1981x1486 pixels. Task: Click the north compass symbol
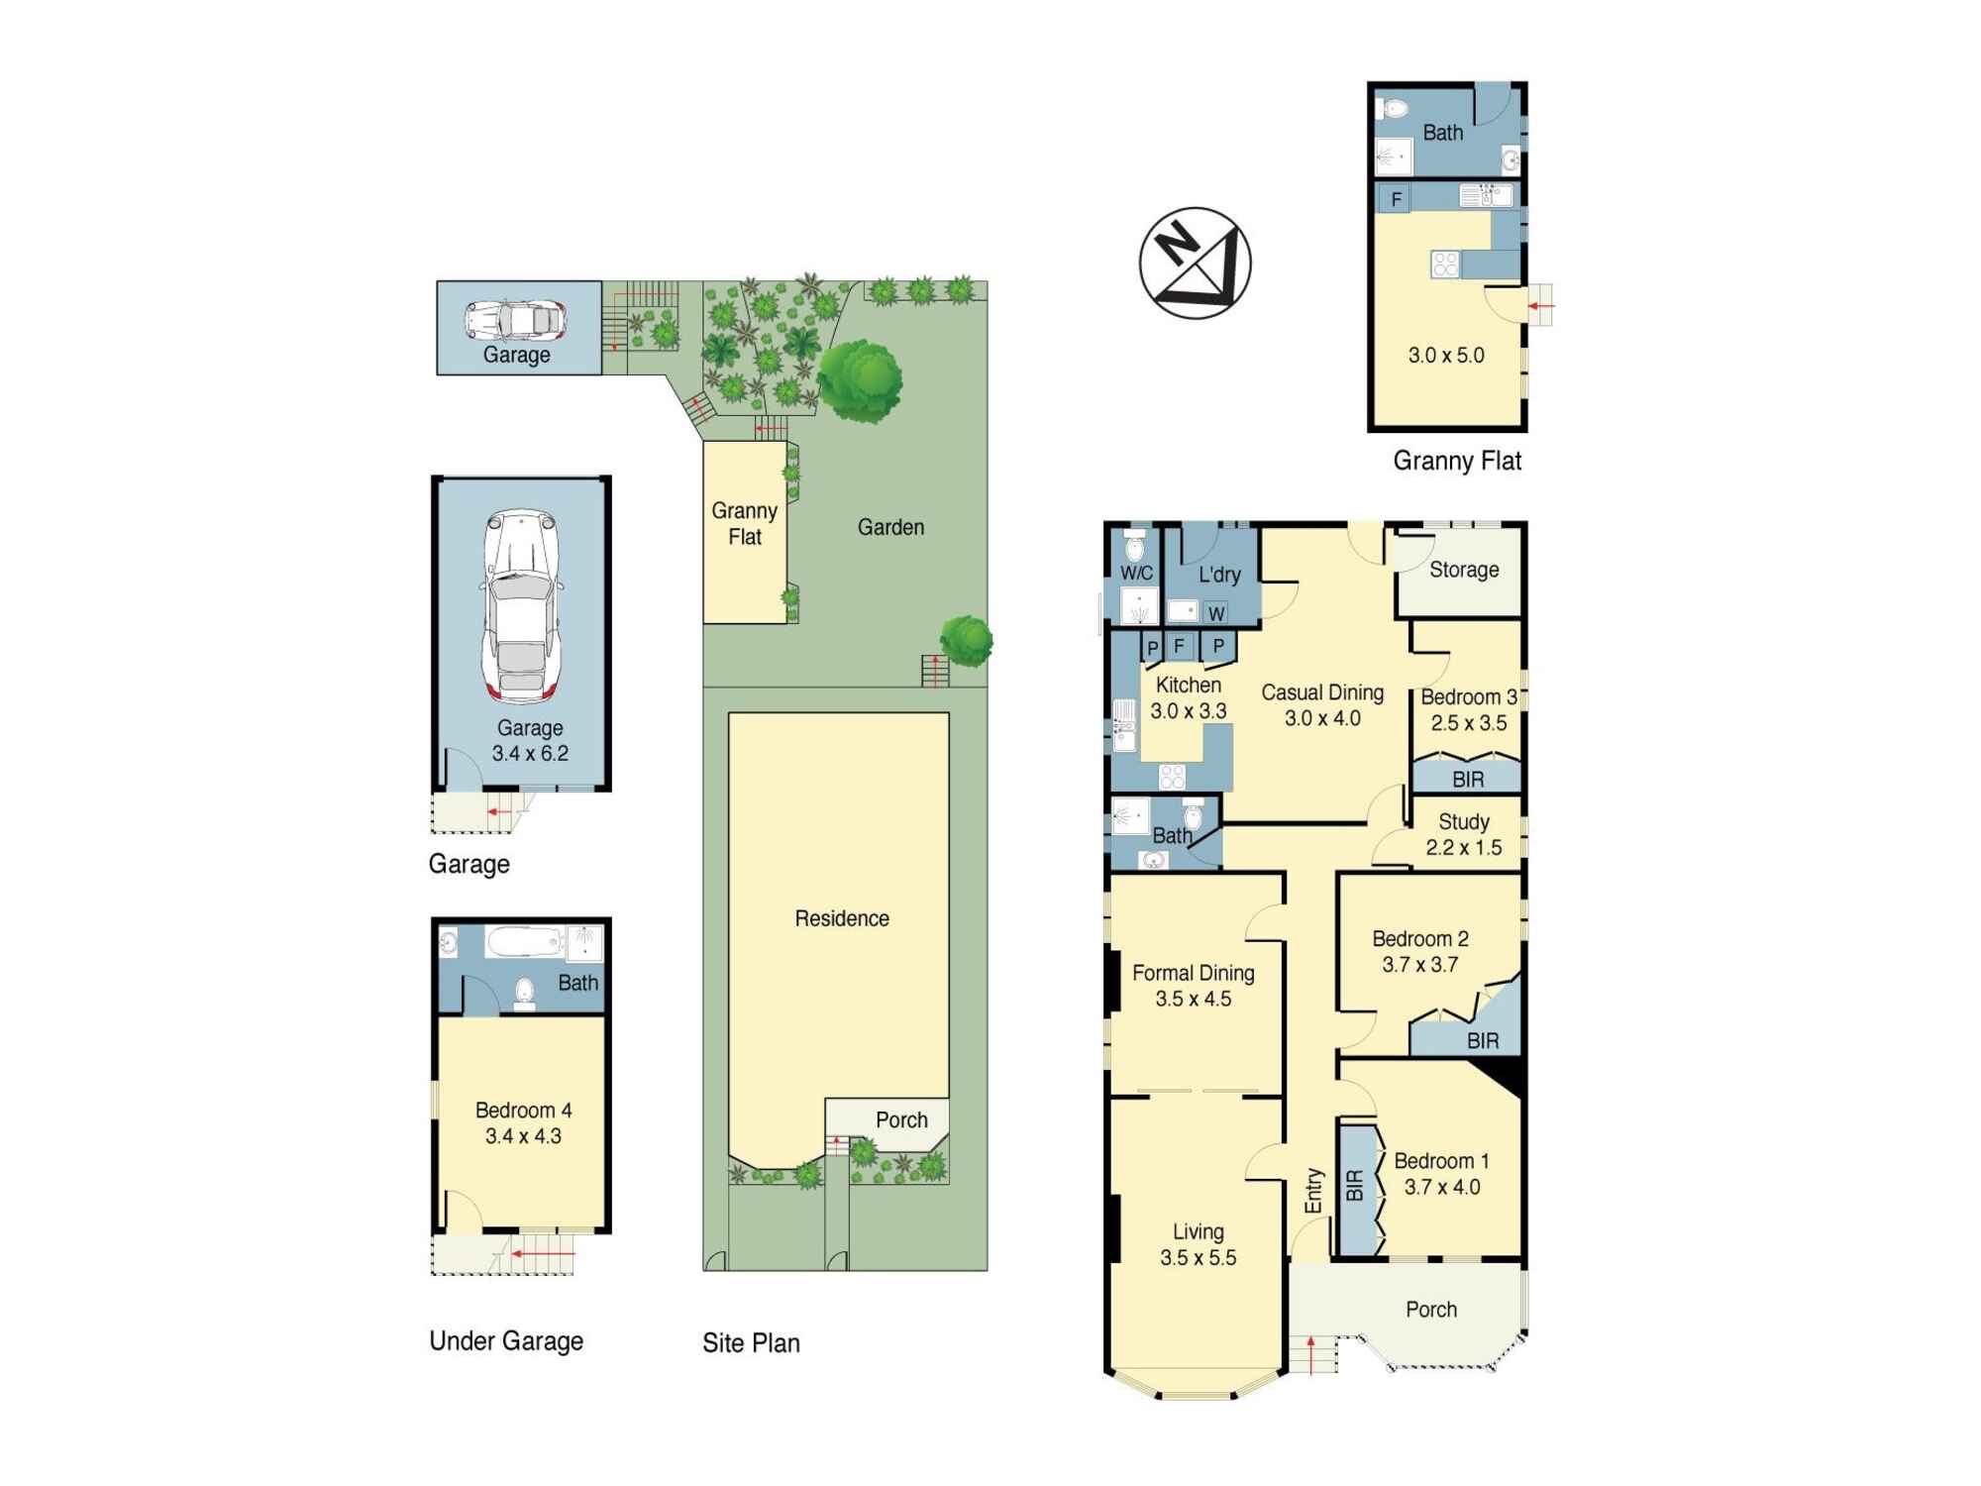1195,263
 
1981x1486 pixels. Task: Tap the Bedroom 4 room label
523,1111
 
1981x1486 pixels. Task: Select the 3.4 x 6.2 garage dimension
530,753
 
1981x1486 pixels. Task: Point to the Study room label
1463,822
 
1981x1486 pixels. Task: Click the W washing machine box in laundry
1216,613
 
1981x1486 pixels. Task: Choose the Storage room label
1463,570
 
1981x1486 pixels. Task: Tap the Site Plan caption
751,1343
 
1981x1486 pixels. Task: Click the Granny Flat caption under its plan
1457,461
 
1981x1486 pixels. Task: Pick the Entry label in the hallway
1313,1191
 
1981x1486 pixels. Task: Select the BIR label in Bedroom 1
1355,1186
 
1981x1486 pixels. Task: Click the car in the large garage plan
521,606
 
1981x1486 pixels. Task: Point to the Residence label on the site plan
842,918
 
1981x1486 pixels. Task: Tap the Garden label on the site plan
890,527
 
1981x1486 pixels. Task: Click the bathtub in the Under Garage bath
524,941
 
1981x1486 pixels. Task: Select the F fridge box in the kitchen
1179,646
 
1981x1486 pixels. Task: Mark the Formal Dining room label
1193,974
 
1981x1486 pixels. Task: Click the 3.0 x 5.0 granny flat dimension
1446,356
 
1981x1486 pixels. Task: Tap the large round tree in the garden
860,381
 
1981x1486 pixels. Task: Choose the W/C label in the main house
1136,573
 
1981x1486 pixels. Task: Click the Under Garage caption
506,1341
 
